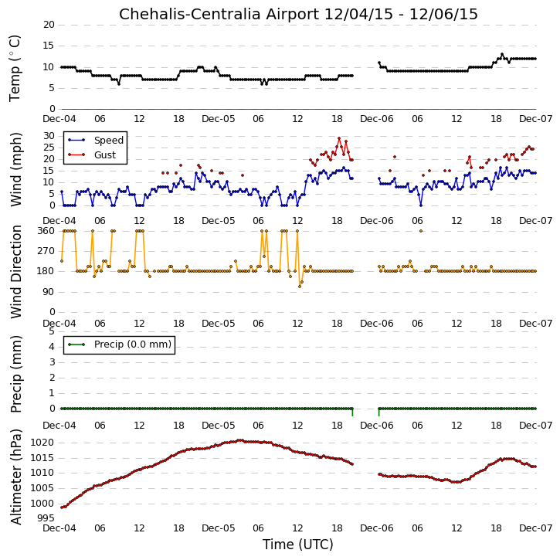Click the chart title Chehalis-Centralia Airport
click(x=219, y=14)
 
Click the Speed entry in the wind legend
click(x=109, y=141)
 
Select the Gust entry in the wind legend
click(x=105, y=155)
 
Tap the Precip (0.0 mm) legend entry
click(x=133, y=344)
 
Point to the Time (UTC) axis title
click(x=297, y=545)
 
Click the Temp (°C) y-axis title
click(x=15, y=68)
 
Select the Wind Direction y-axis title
click(x=15, y=271)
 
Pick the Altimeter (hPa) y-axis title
click(x=15, y=477)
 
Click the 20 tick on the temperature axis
click(x=49, y=25)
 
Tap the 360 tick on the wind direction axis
click(x=46, y=231)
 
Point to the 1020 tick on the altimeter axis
click(x=42, y=443)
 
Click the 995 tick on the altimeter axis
click(x=46, y=518)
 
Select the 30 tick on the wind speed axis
click(x=49, y=136)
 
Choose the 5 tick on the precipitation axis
click(x=52, y=331)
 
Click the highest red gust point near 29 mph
click(x=339, y=138)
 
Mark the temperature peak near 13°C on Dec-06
click(x=502, y=54)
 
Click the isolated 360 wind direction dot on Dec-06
click(x=421, y=231)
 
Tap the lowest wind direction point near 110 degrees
click(x=300, y=287)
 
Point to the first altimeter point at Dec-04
click(x=62, y=507)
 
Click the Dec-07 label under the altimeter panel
click(x=535, y=528)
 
